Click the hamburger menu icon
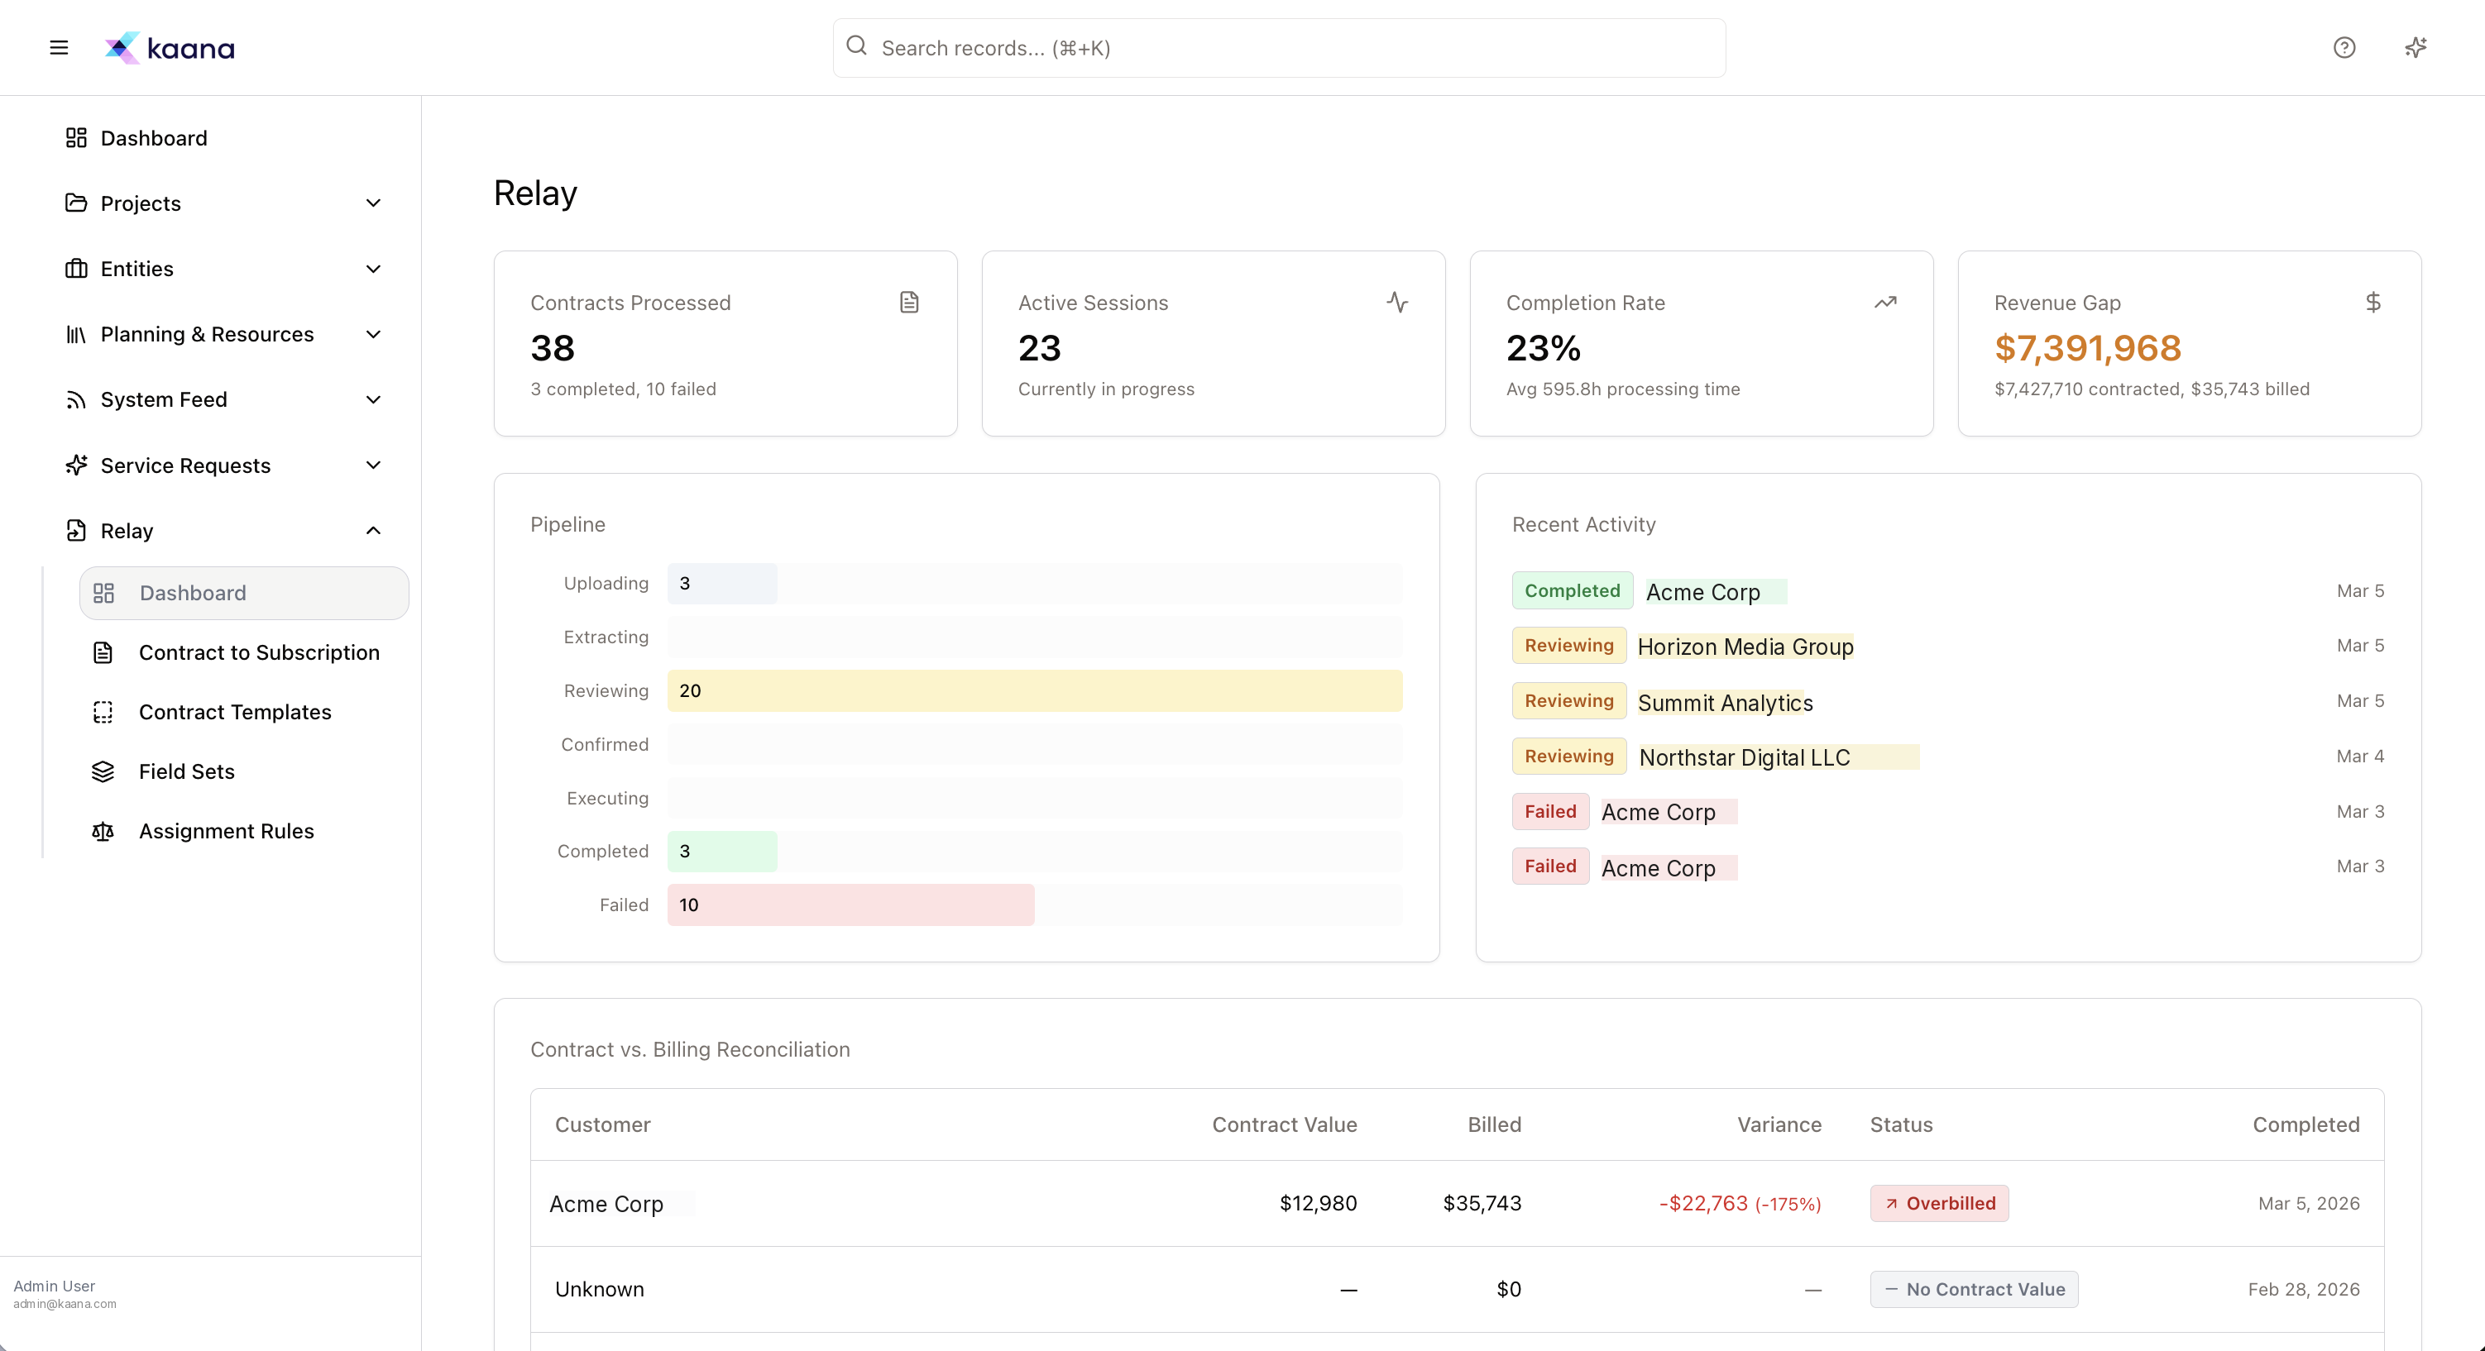pyautogui.click(x=59, y=47)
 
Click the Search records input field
pyautogui.click(x=1278, y=47)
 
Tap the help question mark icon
pyautogui.click(x=2344, y=47)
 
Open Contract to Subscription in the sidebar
pyautogui.click(x=259, y=653)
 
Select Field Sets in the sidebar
pyautogui.click(x=186, y=771)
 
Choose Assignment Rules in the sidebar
pyautogui.click(x=226, y=831)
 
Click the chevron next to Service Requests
pyautogui.click(x=373, y=465)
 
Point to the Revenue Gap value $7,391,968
pyautogui.click(x=2088, y=348)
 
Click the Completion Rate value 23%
pyautogui.click(x=1544, y=348)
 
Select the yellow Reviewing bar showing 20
pyautogui.click(x=1034, y=690)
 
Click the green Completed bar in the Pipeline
pyautogui.click(x=721, y=852)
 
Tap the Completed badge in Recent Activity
pyautogui.click(x=1572, y=591)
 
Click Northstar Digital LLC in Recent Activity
pyautogui.click(x=1744, y=758)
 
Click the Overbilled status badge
pyautogui.click(x=1939, y=1204)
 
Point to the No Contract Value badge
pyautogui.click(x=1974, y=1289)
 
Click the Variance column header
pyautogui.click(x=1779, y=1124)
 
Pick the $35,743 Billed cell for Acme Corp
pyautogui.click(x=1482, y=1204)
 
